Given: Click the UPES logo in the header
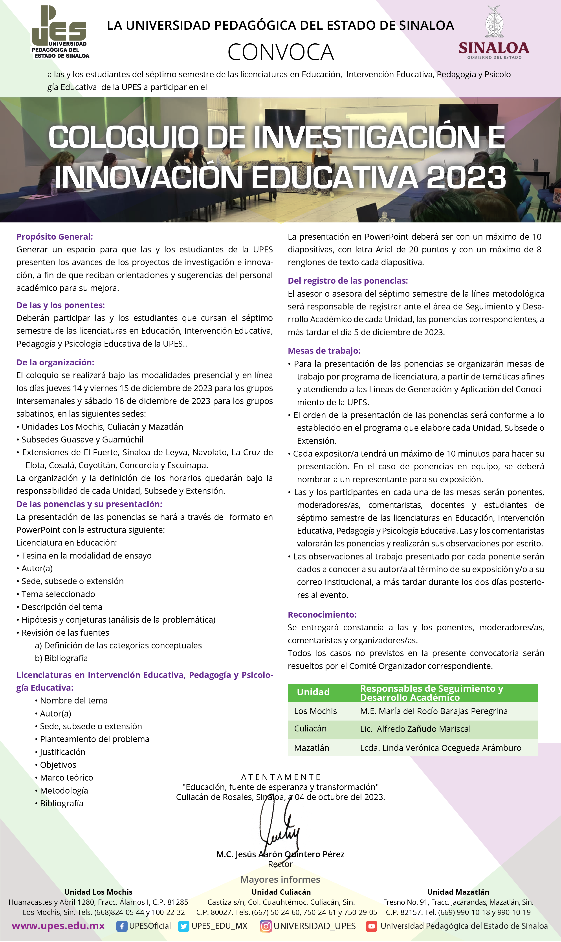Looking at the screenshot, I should tap(60, 32).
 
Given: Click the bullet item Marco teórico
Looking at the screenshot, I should tap(66, 777).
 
